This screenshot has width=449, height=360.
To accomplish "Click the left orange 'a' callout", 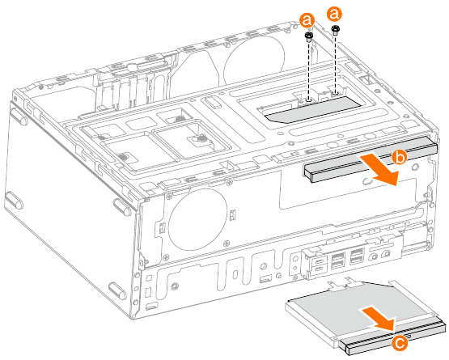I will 307,18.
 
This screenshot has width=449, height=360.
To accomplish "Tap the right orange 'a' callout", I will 335,15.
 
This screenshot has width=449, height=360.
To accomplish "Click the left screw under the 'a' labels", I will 309,38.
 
